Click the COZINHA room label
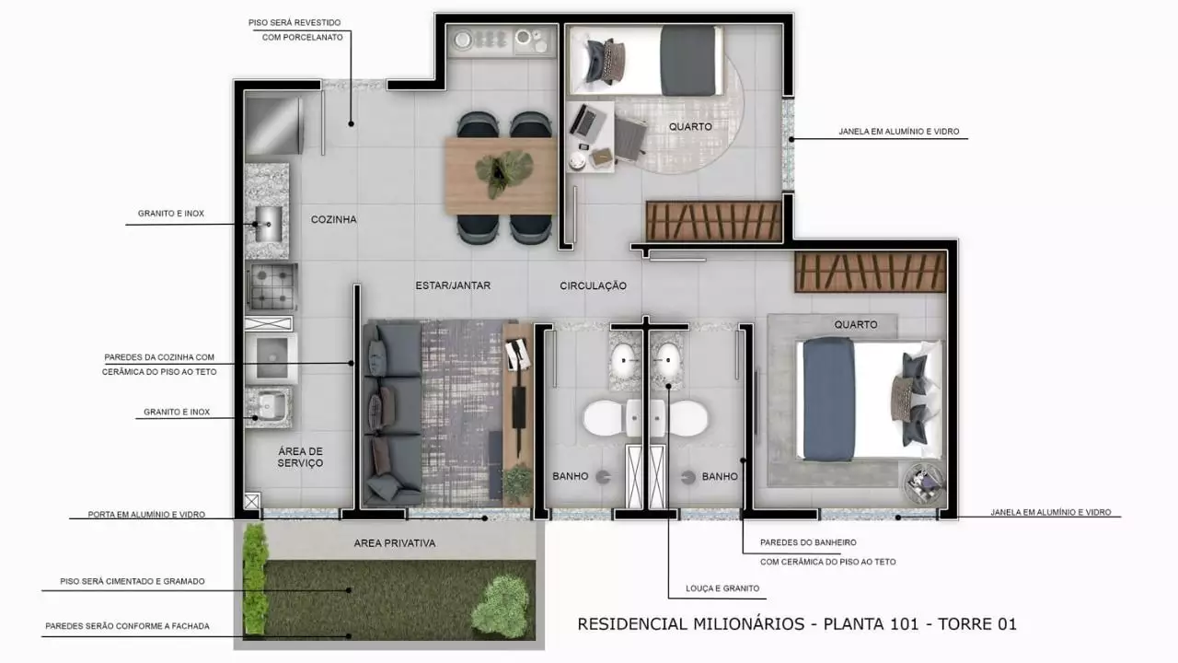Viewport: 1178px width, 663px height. coord(333,219)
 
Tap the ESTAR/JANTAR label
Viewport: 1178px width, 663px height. coord(453,285)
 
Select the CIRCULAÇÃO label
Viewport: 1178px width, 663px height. coord(593,285)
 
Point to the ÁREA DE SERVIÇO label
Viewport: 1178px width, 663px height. coord(300,457)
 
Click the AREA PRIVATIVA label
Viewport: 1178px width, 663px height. coord(395,543)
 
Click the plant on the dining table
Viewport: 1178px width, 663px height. coord(503,171)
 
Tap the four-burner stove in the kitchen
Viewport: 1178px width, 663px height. coord(271,286)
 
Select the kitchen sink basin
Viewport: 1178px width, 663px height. coord(268,224)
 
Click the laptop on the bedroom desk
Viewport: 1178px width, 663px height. coord(583,120)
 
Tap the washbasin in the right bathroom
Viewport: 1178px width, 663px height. coord(668,360)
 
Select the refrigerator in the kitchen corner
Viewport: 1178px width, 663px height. coord(274,125)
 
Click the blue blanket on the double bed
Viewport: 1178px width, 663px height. coord(827,399)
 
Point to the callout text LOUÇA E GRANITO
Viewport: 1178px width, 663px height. coord(722,588)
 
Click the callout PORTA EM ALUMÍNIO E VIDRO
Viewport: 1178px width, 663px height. coord(146,514)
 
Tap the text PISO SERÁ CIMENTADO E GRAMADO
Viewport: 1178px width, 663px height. coord(132,581)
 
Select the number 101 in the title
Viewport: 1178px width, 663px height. coord(904,624)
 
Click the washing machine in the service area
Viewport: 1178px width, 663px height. coord(271,358)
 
